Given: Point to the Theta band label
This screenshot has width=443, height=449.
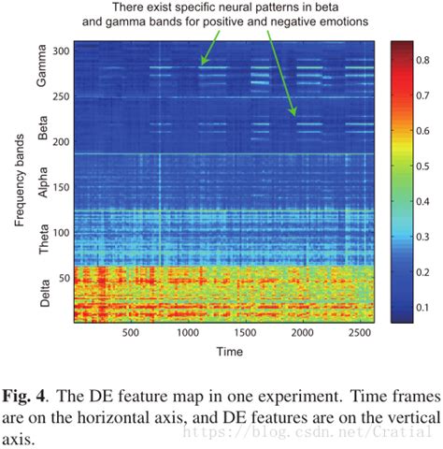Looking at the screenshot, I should click(x=41, y=241).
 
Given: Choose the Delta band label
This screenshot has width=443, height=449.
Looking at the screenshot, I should click(x=41, y=296).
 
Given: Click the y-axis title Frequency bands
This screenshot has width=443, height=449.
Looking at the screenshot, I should click(x=20, y=183).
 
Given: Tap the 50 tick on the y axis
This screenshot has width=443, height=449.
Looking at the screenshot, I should click(x=64, y=278).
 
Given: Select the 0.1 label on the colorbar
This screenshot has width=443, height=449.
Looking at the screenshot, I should click(x=425, y=307).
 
